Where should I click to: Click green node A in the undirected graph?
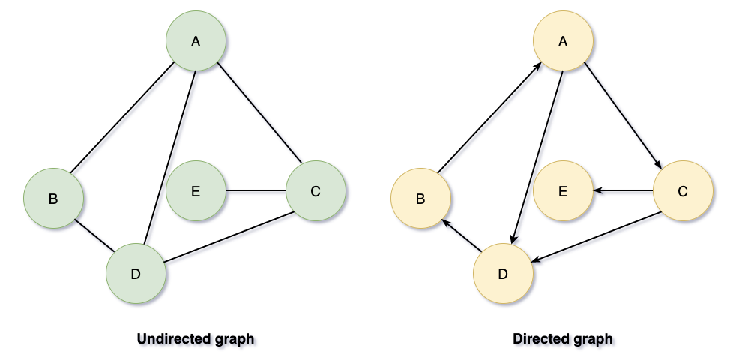tap(196, 42)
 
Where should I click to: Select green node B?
tap(53, 199)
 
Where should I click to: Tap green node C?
tap(316, 191)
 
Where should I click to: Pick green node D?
tap(136, 274)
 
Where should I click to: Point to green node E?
tap(196, 191)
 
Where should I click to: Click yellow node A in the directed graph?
tap(563, 42)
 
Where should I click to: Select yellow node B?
tap(420, 199)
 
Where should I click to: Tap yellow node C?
tap(683, 191)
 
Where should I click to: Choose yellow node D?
tap(503, 274)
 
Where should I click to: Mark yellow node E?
tap(563, 191)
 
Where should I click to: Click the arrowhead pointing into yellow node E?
tap(598, 191)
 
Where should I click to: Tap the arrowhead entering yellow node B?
tap(445, 223)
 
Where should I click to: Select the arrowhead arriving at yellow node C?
tap(658, 166)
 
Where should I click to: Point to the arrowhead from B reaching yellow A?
tap(538, 67)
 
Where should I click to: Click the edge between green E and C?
tap(256, 191)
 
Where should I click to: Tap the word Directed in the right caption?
tap(538, 339)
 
